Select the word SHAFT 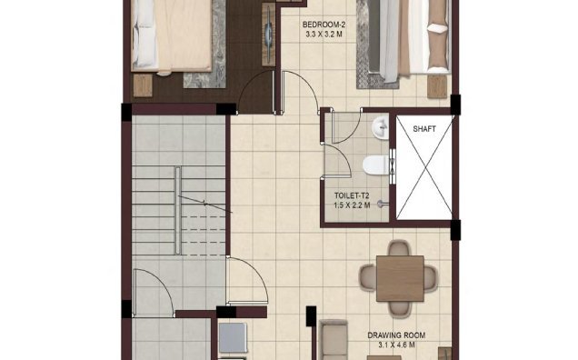pyautogui.click(x=424, y=129)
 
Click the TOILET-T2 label pyautogui.click(x=352, y=195)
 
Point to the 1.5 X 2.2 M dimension pyautogui.click(x=352, y=205)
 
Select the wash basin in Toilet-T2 pyautogui.click(x=379, y=125)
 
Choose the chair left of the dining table pyautogui.click(x=367, y=275)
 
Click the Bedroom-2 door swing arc pyautogui.click(x=297, y=91)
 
